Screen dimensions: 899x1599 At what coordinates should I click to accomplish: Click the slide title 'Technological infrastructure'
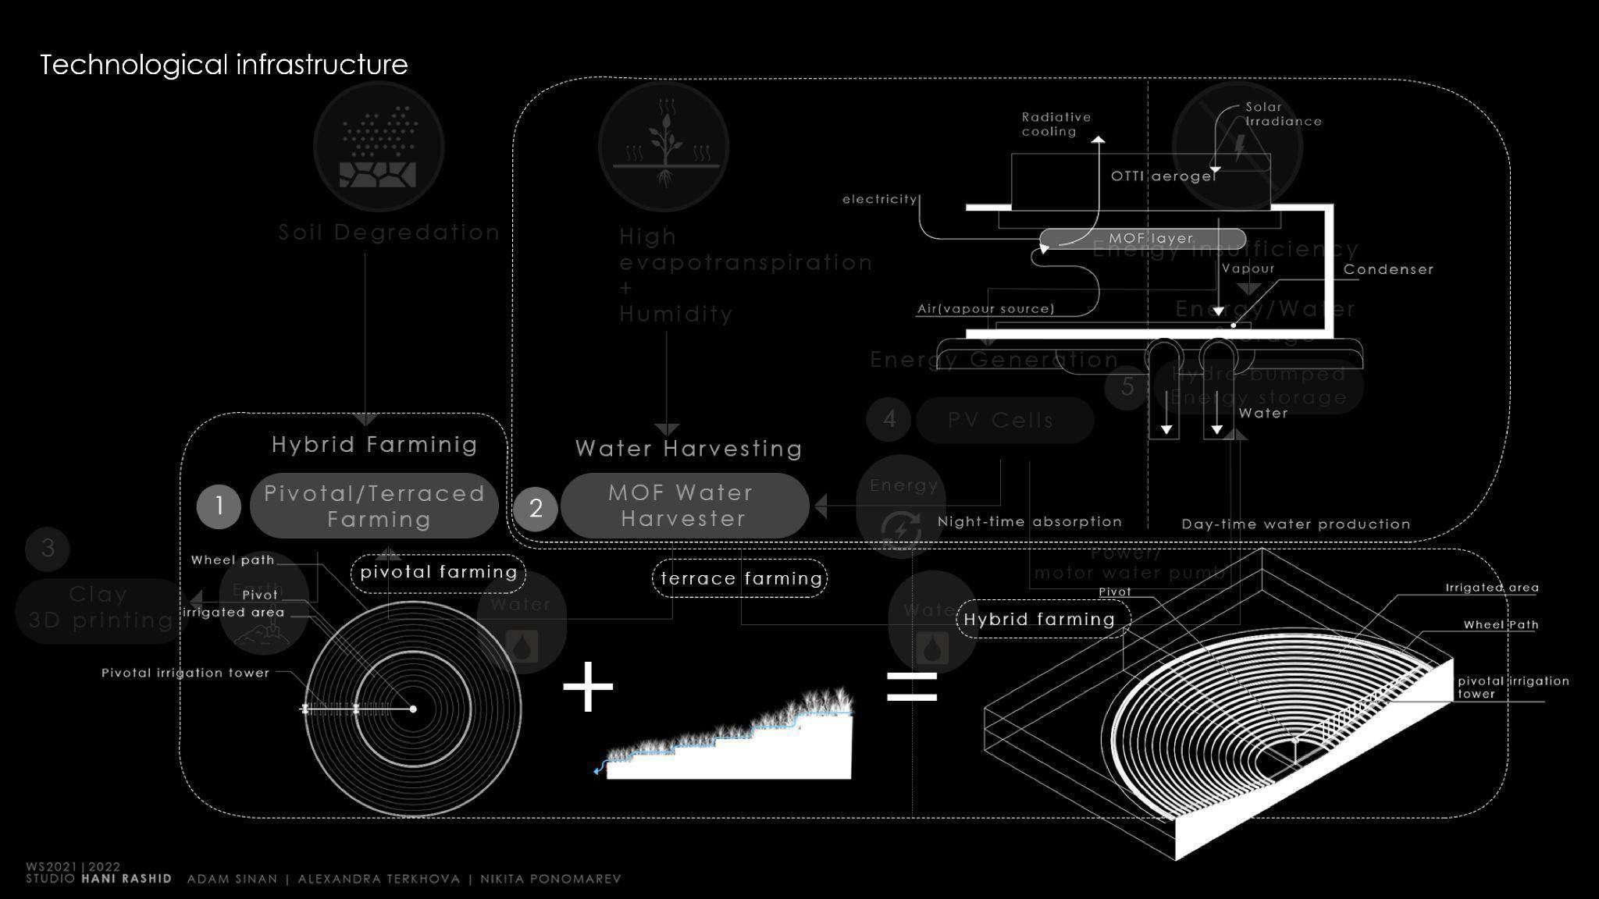coord(223,65)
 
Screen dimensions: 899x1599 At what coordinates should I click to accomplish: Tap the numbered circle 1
coord(219,506)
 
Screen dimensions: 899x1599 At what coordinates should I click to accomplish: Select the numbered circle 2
coord(536,509)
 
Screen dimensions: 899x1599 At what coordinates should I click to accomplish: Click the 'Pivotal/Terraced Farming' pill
coord(374,506)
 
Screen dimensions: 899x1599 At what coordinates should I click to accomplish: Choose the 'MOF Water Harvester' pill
coord(684,506)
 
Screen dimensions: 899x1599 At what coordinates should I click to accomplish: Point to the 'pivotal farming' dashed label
coord(439,573)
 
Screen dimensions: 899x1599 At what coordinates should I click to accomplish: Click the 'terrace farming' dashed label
coord(740,578)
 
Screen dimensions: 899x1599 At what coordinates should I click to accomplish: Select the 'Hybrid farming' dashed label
coord(1040,620)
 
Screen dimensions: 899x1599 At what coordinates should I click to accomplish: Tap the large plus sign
coord(588,687)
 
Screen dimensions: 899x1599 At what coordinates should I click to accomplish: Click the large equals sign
coord(912,687)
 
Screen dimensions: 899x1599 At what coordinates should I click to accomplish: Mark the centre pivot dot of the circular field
coord(413,709)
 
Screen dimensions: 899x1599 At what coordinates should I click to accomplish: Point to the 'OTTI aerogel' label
coord(1163,176)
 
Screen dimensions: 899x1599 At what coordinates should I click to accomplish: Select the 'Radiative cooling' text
coord(1056,124)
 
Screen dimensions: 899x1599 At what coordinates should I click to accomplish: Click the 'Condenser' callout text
coord(1388,269)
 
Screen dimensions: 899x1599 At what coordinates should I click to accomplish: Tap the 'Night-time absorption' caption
coord(1029,521)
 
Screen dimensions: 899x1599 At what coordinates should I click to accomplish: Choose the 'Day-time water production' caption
coord(1296,524)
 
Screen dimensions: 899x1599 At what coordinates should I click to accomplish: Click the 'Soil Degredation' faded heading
coord(389,233)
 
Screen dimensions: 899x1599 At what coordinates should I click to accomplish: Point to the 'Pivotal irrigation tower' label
coord(185,673)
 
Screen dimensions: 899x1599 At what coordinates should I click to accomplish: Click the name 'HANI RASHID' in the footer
coord(126,879)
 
